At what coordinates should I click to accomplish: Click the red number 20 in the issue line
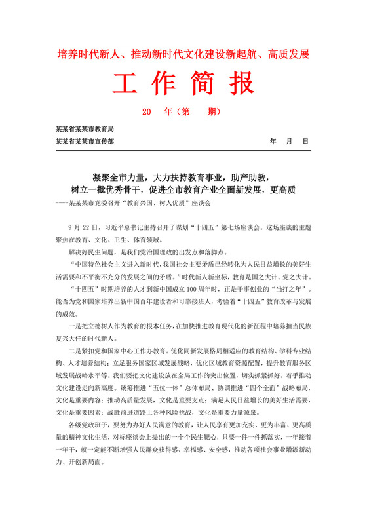147,113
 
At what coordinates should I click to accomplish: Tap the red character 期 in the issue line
213,113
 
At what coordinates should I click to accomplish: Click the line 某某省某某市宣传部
85,141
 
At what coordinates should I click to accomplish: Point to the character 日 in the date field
305,141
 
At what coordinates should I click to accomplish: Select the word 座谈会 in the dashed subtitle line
201,203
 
